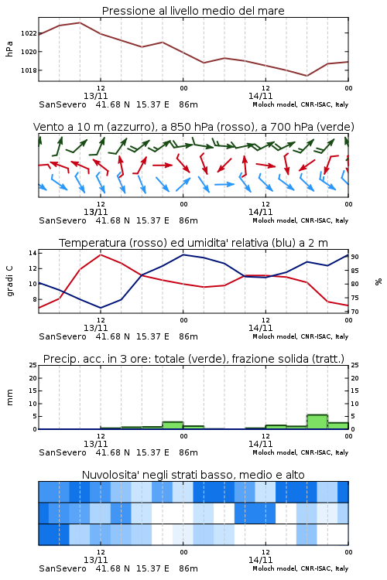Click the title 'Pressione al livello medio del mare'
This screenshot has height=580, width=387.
[193, 11]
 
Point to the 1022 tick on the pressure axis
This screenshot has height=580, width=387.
[29, 33]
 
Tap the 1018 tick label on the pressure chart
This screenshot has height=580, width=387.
[29, 70]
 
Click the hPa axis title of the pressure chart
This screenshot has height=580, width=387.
[9, 49]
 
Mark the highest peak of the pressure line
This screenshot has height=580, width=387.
[80, 22]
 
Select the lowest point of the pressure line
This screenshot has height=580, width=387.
[307, 76]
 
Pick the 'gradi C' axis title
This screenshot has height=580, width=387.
[10, 281]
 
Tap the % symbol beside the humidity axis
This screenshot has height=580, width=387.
[378, 281]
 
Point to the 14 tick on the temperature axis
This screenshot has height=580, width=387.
[33, 253]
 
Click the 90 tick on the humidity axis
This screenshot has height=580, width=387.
[354, 257]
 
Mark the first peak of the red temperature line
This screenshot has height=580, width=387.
[101, 254]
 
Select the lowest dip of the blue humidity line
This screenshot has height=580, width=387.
[101, 308]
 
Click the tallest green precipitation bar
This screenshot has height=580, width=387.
[317, 422]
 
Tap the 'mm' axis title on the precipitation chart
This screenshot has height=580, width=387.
[9, 397]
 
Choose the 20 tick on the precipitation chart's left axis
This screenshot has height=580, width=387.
[33, 378]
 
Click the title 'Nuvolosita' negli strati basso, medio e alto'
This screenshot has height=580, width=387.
[193, 475]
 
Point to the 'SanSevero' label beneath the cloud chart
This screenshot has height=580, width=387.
[62, 568]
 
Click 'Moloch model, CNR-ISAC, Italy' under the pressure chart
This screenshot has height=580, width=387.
[300, 104]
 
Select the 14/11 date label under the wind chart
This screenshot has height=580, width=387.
[260, 213]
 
